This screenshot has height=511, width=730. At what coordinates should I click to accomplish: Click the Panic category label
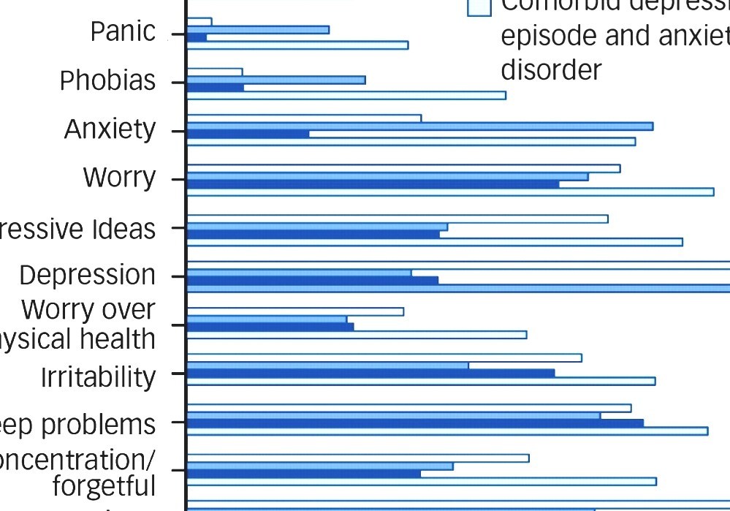(x=123, y=32)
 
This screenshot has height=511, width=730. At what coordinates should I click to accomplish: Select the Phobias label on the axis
(x=107, y=81)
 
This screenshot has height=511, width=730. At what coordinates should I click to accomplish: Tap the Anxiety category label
(x=110, y=129)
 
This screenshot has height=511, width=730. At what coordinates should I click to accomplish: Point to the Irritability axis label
(x=98, y=377)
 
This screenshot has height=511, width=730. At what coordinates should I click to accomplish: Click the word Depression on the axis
(x=87, y=276)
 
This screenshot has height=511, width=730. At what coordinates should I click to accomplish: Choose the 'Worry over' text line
(x=88, y=310)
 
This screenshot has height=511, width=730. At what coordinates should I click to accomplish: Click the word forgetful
(x=104, y=485)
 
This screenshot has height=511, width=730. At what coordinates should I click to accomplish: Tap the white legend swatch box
(x=479, y=7)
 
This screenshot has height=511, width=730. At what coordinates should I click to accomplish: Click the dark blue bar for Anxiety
(x=248, y=134)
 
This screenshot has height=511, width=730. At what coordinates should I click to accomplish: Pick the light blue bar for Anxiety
(x=419, y=126)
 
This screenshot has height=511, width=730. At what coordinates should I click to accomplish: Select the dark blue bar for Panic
(x=197, y=37)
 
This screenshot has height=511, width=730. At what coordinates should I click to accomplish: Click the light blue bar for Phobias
(x=275, y=80)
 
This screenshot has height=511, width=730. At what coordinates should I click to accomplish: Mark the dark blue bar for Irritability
(x=370, y=373)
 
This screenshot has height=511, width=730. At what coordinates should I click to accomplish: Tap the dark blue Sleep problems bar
(x=415, y=423)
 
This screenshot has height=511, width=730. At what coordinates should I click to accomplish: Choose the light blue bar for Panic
(x=258, y=29)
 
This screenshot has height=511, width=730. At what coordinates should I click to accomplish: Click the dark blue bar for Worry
(x=373, y=184)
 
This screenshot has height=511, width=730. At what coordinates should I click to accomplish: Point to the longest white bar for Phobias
(x=346, y=95)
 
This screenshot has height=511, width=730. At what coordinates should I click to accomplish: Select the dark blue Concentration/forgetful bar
(x=304, y=474)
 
